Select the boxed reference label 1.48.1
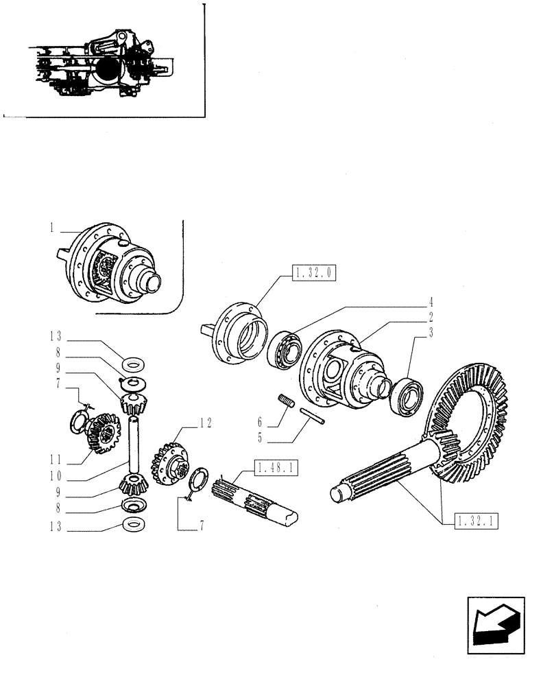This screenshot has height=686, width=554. click(x=276, y=468)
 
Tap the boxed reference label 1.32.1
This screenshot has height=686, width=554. click(x=474, y=521)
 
